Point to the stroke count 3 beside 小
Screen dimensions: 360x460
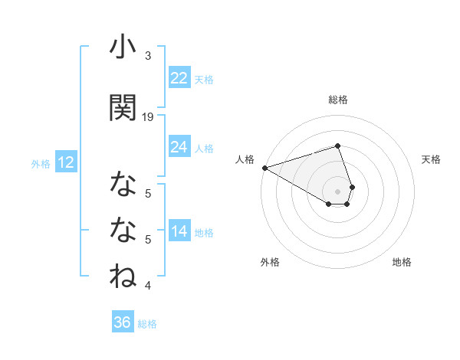click(148, 56)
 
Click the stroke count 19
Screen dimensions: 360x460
click(148, 116)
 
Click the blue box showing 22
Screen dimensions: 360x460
click(179, 78)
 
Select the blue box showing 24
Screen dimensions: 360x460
click(179, 147)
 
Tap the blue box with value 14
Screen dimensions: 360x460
click(179, 232)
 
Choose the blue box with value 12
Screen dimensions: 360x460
click(66, 162)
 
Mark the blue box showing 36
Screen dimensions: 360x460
click(123, 322)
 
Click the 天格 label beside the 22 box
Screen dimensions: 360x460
click(204, 79)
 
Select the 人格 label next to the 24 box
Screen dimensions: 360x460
click(204, 148)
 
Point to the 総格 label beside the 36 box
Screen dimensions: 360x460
click(147, 324)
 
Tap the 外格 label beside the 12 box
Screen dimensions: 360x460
click(40, 163)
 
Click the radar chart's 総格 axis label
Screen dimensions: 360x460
click(338, 100)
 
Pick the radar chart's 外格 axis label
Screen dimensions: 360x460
click(270, 262)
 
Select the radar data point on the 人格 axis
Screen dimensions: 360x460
click(264, 168)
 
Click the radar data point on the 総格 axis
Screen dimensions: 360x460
click(338, 146)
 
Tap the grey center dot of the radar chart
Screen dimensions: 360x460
click(338, 191)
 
